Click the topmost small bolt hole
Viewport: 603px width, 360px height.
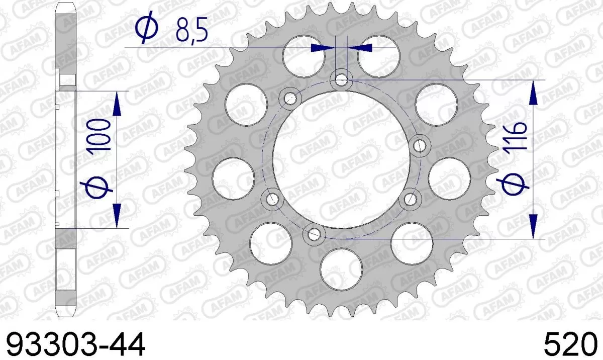(342, 79)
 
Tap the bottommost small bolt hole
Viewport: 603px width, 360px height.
(315, 233)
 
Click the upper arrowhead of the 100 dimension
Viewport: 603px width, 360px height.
(117, 104)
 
